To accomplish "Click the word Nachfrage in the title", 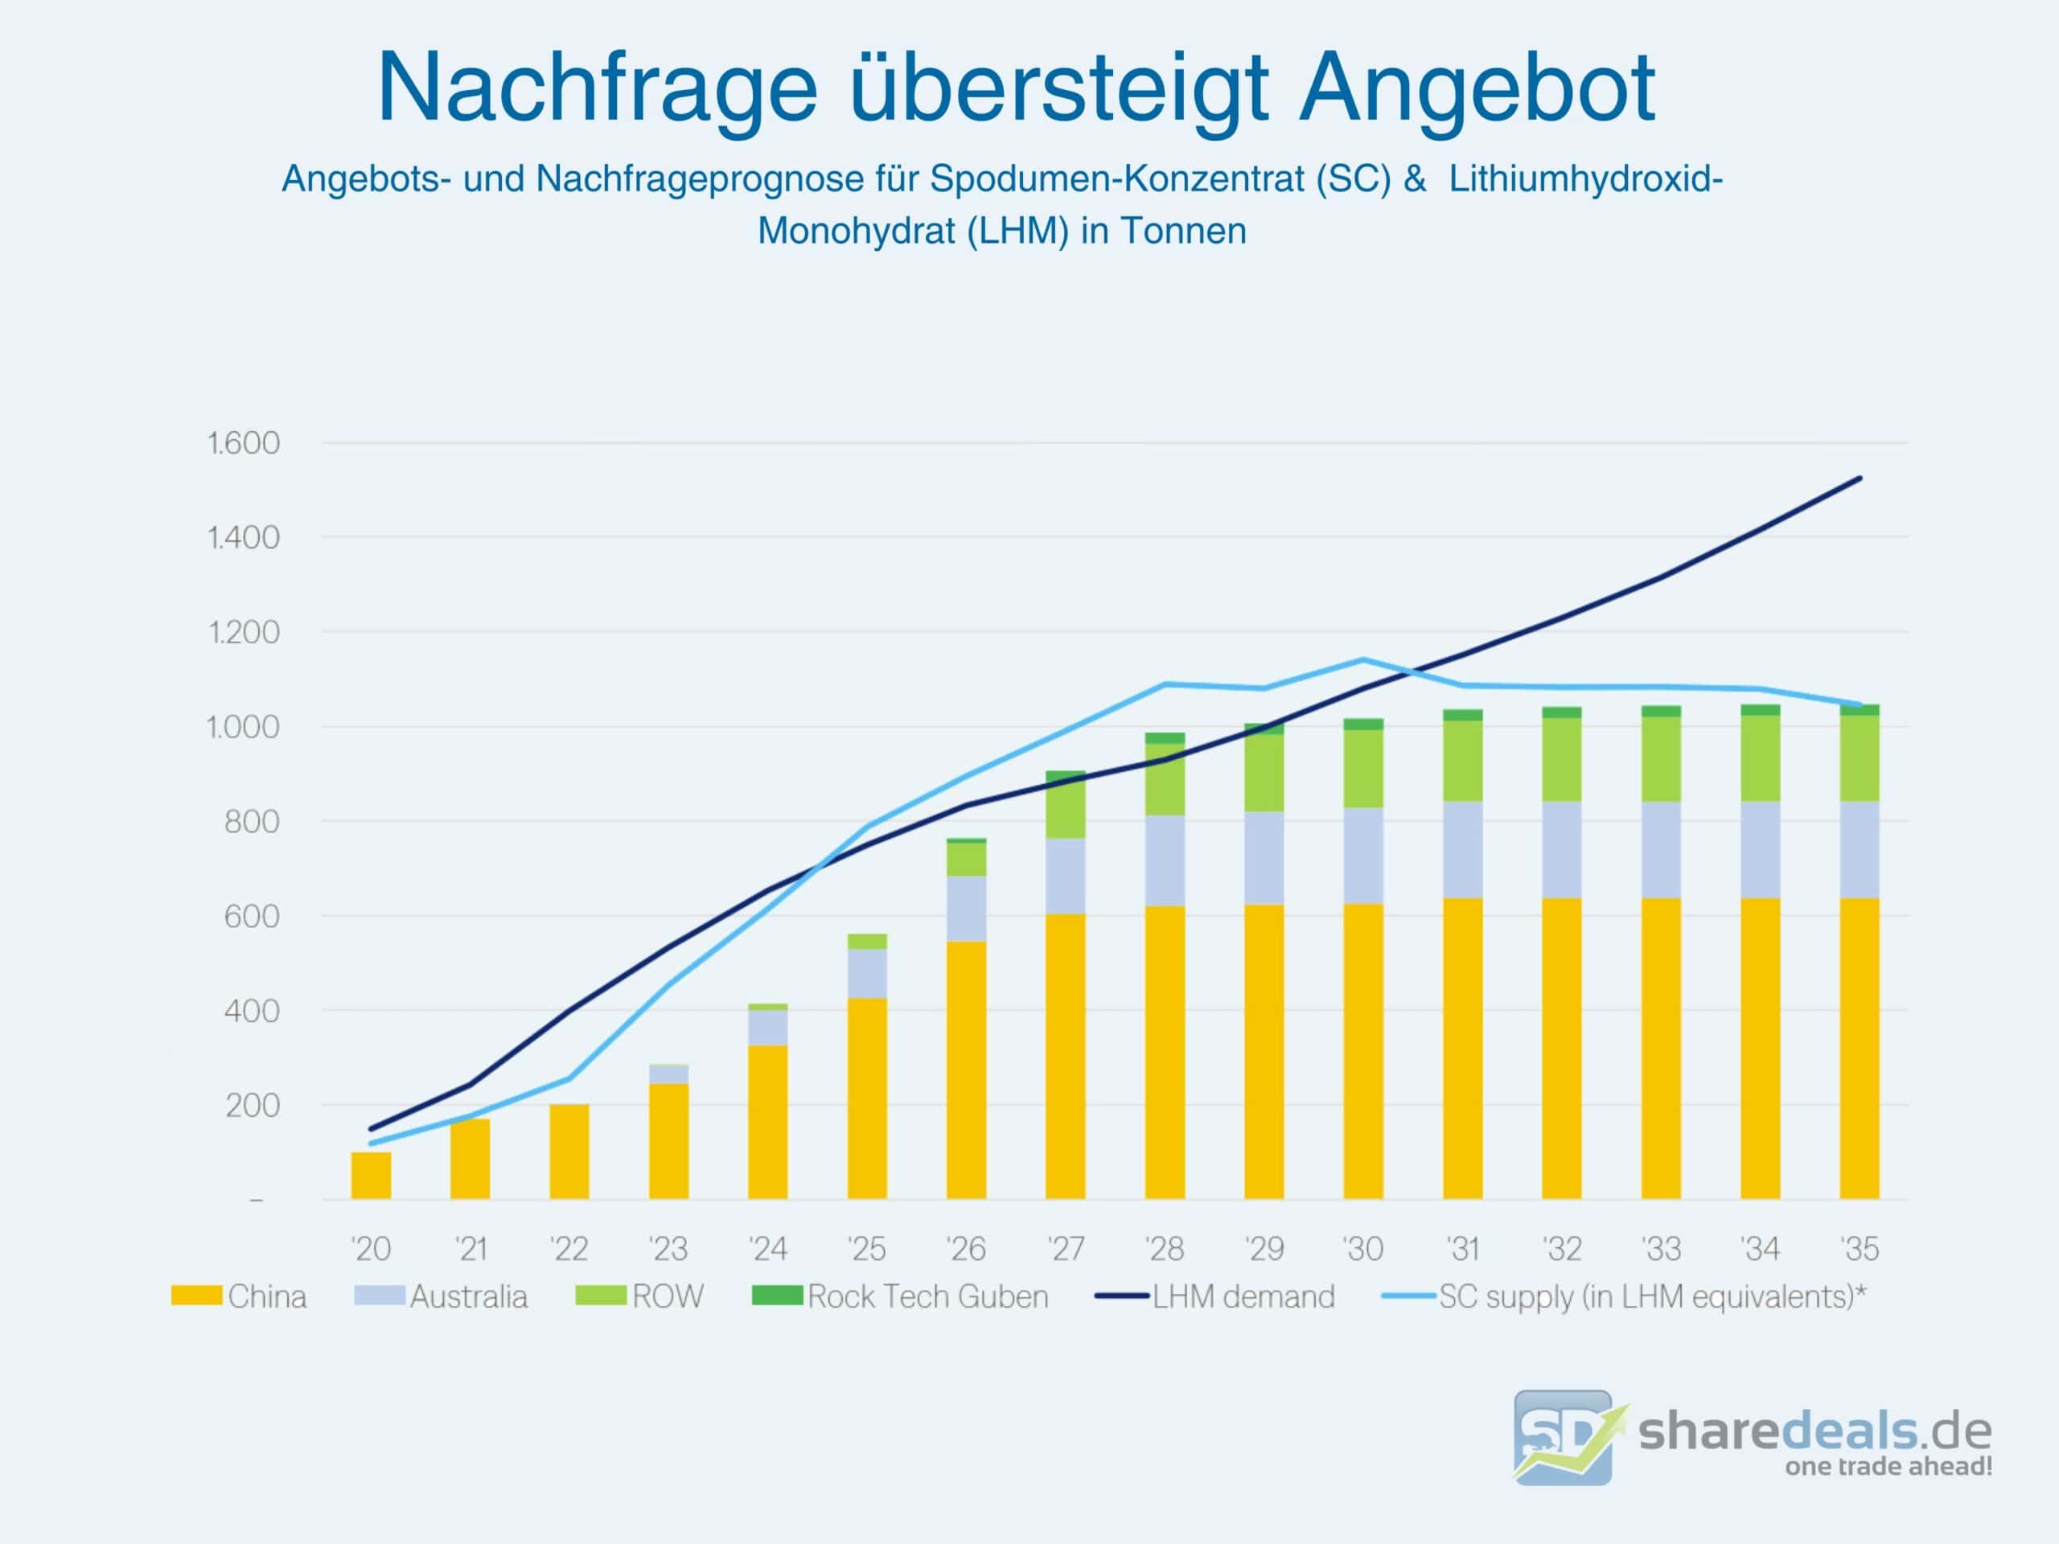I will pos(597,88).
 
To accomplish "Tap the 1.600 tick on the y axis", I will pos(243,443).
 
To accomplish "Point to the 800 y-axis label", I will pos(251,822).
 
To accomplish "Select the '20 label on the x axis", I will pos(372,1249).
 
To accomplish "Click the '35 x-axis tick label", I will pos(1860,1249).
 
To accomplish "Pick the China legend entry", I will pos(239,1296).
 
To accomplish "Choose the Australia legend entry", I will pos(442,1296).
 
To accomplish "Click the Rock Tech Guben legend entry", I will pos(900,1296).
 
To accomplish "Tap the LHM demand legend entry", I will pos(1215,1296).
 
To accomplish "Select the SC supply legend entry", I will pos(1625,1296).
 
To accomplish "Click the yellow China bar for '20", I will pos(372,1176).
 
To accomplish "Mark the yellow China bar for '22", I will pos(569,1152).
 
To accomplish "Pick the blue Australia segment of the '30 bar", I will pos(1363,856).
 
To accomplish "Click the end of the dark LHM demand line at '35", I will pos(1860,478).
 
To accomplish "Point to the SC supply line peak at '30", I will pos(1363,660).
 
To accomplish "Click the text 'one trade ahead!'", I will pos(1888,1467).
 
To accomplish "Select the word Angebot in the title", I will pos(1477,88).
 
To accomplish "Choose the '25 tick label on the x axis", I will pos(866,1249).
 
